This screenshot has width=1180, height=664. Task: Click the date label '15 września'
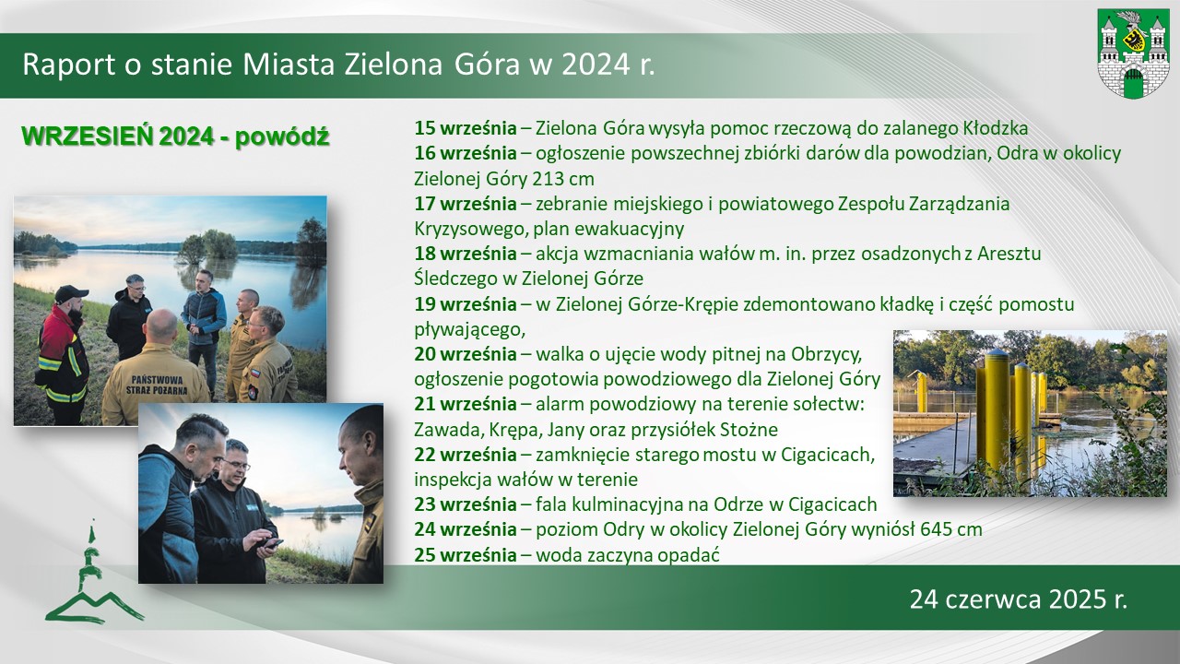pyautogui.click(x=466, y=128)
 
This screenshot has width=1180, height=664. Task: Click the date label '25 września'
pyautogui.click(x=466, y=554)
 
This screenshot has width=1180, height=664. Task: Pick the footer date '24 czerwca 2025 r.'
pyautogui.click(x=1019, y=599)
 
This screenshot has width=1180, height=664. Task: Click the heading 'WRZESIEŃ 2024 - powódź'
pyautogui.click(x=175, y=136)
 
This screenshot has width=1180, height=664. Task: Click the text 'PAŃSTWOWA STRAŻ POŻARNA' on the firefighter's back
pyautogui.click(x=157, y=385)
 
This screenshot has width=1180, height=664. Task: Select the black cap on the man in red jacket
pyautogui.click(x=71, y=293)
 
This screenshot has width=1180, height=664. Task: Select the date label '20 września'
pyautogui.click(x=466, y=354)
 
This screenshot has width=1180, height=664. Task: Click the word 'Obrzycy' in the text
pyautogui.click(x=826, y=354)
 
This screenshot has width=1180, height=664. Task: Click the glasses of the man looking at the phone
pyautogui.click(x=235, y=465)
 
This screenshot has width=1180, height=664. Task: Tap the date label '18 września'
pyautogui.click(x=466, y=254)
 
